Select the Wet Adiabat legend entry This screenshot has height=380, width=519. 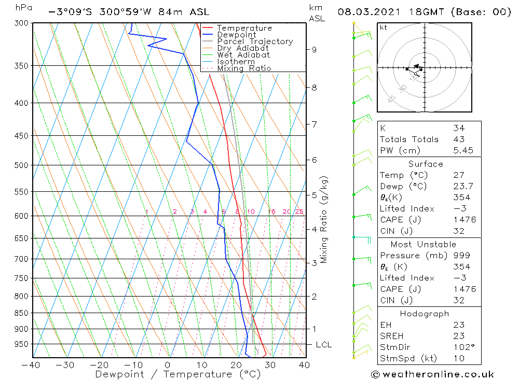[243, 55]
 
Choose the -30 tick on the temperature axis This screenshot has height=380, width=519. [65, 365]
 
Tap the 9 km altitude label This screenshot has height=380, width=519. [314, 50]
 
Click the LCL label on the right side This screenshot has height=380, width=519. [323, 345]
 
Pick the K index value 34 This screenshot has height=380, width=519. [459, 128]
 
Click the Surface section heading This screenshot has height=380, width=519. [426, 164]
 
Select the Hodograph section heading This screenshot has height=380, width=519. [425, 314]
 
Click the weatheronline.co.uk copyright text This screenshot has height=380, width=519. [432, 374]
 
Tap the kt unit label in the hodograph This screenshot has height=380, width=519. [383, 27]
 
